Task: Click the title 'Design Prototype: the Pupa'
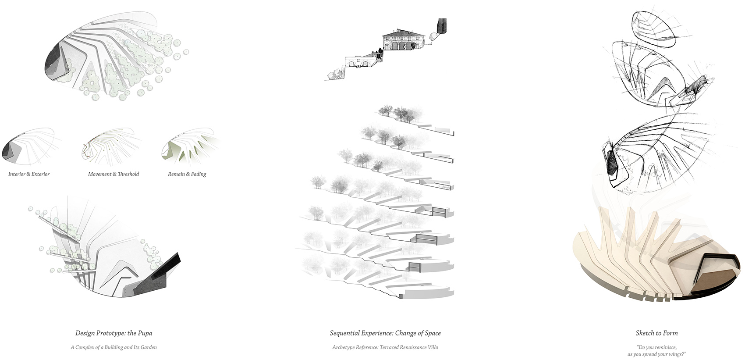click(x=114, y=333)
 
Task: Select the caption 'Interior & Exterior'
click(x=29, y=174)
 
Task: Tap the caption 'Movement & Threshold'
click(x=114, y=174)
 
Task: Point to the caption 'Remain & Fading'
click(x=187, y=174)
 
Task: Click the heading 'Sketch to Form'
click(x=656, y=333)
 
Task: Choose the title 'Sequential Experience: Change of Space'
click(x=385, y=333)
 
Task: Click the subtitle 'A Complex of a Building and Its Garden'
click(x=114, y=347)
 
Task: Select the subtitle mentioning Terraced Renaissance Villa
click(x=385, y=347)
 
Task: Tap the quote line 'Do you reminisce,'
click(x=656, y=347)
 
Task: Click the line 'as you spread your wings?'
click(x=657, y=354)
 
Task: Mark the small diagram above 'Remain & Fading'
click(x=190, y=147)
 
